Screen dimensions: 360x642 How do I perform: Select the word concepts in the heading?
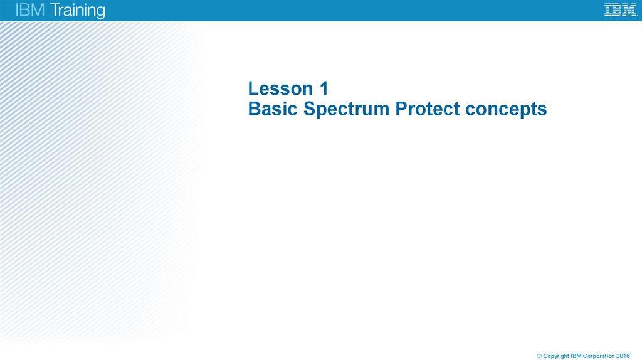(507, 110)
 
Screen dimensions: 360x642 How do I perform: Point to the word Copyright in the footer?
(556, 356)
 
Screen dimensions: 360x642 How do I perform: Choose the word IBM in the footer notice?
(577, 356)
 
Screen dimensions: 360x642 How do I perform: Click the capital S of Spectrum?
(310, 109)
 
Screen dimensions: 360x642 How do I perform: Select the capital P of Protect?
(401, 109)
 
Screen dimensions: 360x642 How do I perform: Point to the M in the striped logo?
(629, 10)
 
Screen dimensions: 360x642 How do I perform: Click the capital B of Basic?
(254, 109)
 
